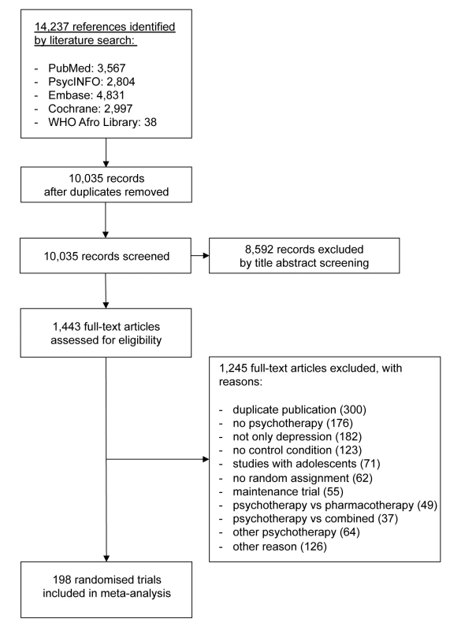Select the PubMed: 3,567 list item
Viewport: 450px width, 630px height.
(x=87, y=68)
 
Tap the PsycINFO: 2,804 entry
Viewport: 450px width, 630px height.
(x=91, y=82)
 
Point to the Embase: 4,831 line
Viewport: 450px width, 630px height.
(x=87, y=95)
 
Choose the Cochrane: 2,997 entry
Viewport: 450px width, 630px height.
(x=91, y=109)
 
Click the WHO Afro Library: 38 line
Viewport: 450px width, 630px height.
(x=102, y=122)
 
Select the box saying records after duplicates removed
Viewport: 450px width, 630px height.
(x=106, y=185)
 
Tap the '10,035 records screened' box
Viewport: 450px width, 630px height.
(x=106, y=256)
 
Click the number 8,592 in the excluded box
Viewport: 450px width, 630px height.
(x=259, y=250)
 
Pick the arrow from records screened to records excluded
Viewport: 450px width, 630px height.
(x=200, y=255)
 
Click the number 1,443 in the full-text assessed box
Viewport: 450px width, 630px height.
(x=67, y=327)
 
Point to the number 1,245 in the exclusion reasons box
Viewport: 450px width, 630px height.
(x=233, y=368)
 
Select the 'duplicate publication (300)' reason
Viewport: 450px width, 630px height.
(x=299, y=409)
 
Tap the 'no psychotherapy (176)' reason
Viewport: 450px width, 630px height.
(x=292, y=423)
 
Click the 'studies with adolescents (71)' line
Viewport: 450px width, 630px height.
(x=307, y=464)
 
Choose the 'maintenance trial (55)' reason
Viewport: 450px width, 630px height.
(x=288, y=491)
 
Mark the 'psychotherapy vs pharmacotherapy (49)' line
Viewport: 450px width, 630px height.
(x=335, y=505)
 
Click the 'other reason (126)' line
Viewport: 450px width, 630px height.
(x=280, y=547)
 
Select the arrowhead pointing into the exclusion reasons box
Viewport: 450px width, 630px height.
(x=206, y=459)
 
